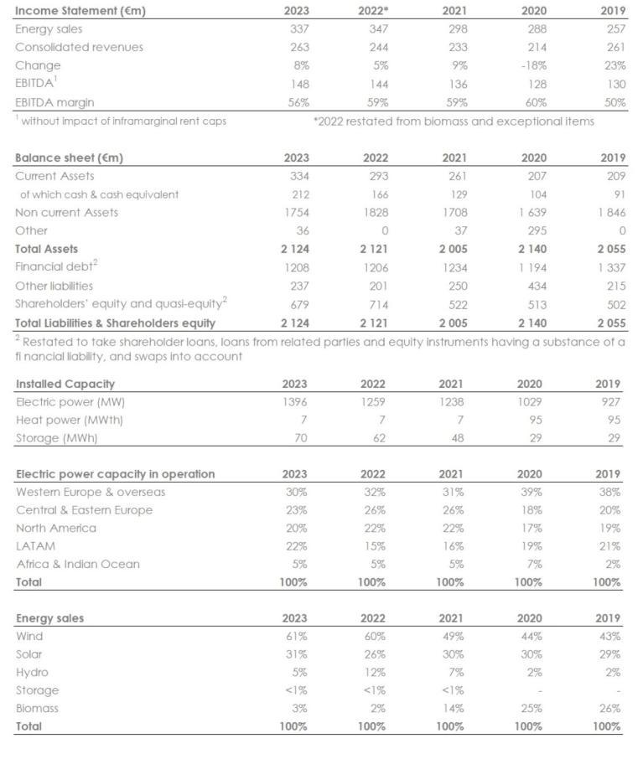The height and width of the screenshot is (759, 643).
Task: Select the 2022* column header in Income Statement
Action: click(x=374, y=11)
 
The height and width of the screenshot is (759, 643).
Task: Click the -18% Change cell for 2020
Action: click(x=533, y=65)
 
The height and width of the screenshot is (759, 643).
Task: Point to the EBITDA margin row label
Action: click(x=54, y=102)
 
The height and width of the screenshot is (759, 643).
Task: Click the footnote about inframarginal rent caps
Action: click(x=121, y=121)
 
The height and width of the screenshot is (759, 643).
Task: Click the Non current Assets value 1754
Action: click(x=297, y=212)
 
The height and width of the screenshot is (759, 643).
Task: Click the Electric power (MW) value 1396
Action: click(x=295, y=401)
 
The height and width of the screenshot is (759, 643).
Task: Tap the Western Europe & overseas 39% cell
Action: click(x=533, y=492)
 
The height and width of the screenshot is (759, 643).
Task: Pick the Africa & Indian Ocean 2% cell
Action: click(x=614, y=564)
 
